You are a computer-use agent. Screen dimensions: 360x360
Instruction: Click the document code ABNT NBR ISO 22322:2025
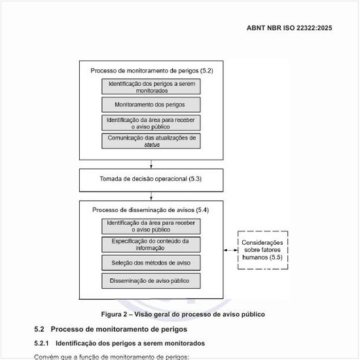coord(289,28)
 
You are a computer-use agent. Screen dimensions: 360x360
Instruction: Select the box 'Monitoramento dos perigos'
coord(151,105)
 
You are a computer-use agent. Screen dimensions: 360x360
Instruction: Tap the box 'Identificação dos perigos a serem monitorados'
coord(151,86)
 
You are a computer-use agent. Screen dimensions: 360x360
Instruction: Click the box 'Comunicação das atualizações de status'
coord(151,141)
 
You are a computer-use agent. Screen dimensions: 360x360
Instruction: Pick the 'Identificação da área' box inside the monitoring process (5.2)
coord(151,123)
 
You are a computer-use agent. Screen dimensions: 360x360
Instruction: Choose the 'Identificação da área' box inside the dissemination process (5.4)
coord(151,226)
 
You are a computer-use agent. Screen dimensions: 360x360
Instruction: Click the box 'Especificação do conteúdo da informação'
coord(151,244)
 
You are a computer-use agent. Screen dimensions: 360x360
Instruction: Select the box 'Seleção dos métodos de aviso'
coord(151,262)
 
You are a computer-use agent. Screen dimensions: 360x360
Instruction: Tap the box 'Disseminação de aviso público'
coord(151,281)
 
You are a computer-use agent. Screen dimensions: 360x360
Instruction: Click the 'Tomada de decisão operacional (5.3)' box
coord(151,179)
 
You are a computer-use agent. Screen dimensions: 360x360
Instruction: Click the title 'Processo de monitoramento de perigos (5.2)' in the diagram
coord(151,69)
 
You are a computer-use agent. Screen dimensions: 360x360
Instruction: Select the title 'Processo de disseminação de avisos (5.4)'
coord(151,210)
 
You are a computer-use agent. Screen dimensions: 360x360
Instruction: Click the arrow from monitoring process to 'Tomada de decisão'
coord(151,164)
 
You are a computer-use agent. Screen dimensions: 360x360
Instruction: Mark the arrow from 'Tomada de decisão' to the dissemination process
coord(151,194)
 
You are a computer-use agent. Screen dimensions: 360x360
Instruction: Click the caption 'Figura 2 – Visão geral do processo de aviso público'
coord(183,314)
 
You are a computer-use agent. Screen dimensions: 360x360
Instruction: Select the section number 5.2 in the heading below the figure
coord(39,329)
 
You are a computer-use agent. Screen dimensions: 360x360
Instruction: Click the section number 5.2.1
coord(43,343)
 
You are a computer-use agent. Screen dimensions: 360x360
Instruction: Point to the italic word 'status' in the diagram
coord(152,145)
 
